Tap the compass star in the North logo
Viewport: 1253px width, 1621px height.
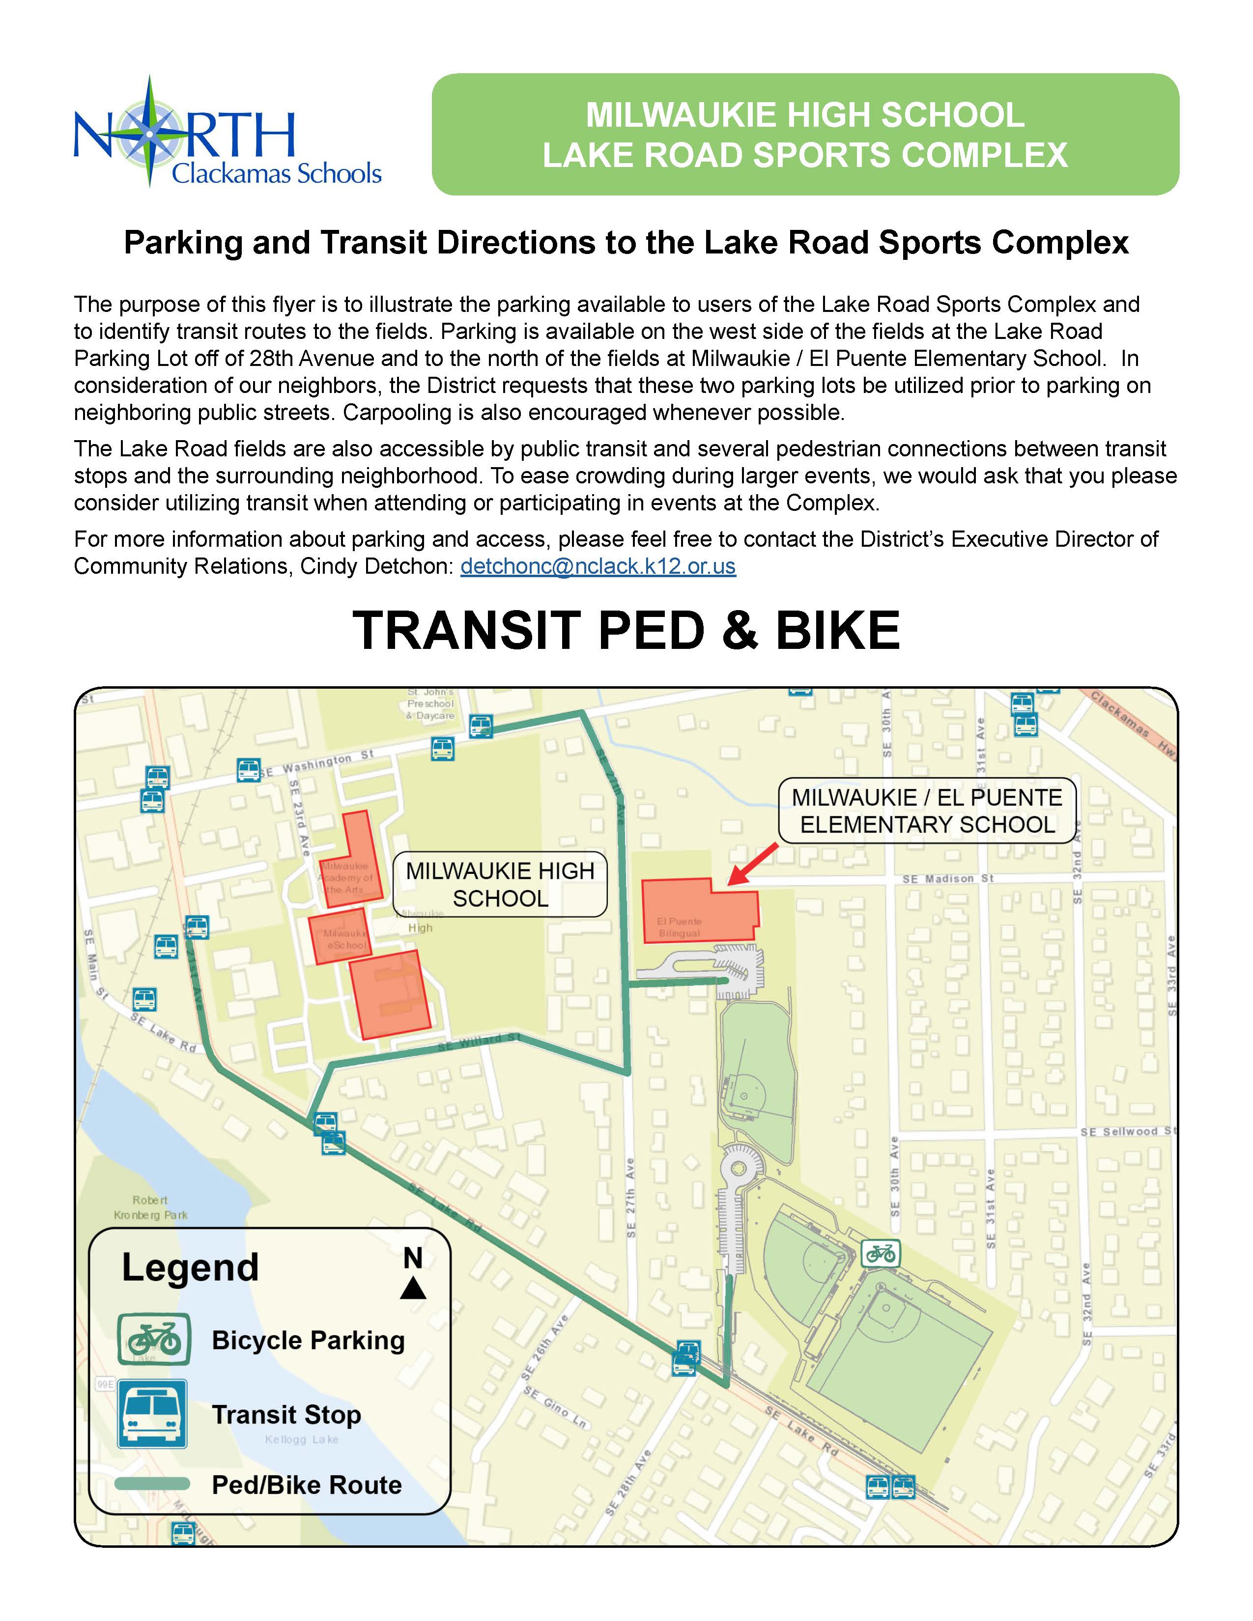(x=150, y=134)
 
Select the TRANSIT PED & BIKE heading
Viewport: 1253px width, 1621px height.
(x=626, y=631)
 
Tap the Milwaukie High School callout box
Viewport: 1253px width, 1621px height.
(x=500, y=884)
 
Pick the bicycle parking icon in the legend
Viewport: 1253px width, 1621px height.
(x=154, y=1340)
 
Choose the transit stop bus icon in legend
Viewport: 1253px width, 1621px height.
(x=152, y=1414)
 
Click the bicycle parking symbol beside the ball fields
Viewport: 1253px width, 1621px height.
(x=881, y=1254)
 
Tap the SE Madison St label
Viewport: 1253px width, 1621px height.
(x=948, y=879)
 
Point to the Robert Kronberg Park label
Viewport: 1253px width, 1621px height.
(x=151, y=1207)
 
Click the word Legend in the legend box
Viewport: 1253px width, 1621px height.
(x=190, y=1267)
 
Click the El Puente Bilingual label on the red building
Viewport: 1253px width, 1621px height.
(x=679, y=927)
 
